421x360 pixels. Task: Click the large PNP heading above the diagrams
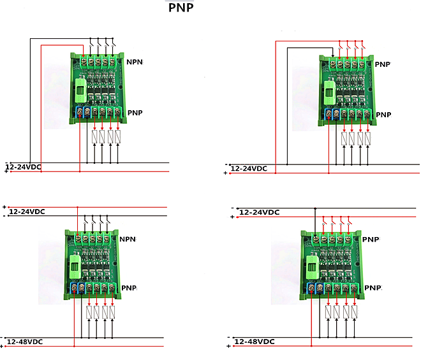[181, 8]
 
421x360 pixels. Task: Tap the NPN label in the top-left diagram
[135, 62]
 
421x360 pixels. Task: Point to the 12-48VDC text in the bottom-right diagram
[254, 342]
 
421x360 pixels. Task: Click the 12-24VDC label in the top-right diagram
[249, 169]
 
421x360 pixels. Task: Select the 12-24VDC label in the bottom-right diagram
[258, 212]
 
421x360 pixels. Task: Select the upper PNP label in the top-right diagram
[382, 64]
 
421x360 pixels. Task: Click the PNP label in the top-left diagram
[135, 113]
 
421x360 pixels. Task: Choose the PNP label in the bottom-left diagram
[128, 288]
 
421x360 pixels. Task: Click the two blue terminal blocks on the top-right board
[332, 114]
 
